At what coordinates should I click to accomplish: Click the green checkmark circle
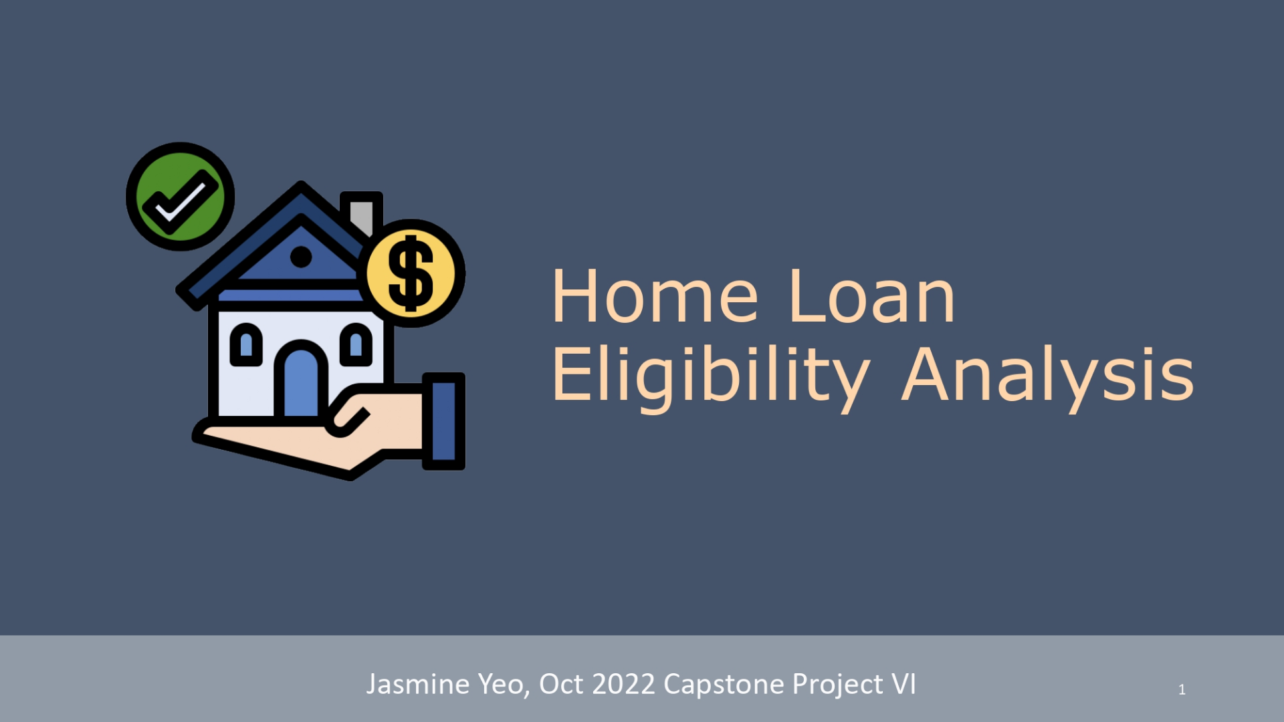pyautogui.click(x=181, y=197)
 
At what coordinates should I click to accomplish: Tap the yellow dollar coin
pyautogui.click(x=412, y=273)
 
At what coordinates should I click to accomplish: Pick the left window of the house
pyautogui.click(x=246, y=345)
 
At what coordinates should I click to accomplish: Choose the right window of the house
pyautogui.click(x=356, y=345)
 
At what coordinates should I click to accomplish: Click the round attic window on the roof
pyautogui.click(x=301, y=256)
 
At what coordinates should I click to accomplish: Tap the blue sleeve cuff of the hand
pyautogui.click(x=444, y=421)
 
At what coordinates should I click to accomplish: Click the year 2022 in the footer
pyautogui.click(x=623, y=684)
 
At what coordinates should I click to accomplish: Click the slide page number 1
pyautogui.click(x=1182, y=689)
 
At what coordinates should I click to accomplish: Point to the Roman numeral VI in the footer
pyautogui.click(x=903, y=684)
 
